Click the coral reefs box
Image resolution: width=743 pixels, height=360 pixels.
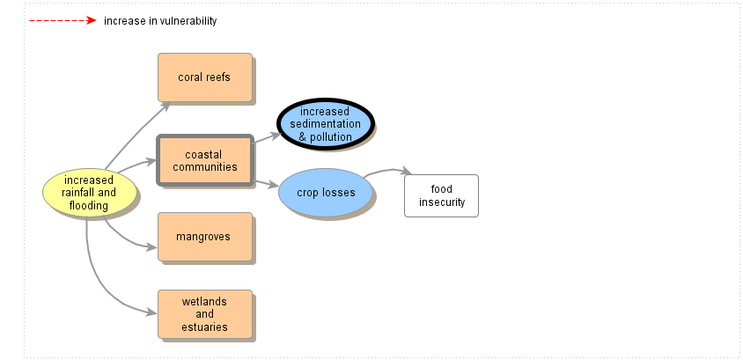(204, 77)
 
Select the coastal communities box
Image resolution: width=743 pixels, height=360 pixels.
(204, 161)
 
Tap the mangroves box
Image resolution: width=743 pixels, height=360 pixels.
(204, 237)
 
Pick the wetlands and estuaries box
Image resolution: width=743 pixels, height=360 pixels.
(204, 314)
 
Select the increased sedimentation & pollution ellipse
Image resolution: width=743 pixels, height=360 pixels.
(326, 124)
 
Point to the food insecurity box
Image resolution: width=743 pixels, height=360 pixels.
(441, 195)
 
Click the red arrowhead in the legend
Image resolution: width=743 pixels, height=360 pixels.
(91, 20)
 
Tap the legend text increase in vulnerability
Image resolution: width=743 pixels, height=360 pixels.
(159, 21)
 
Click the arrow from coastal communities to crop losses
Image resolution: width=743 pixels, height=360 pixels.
(266, 183)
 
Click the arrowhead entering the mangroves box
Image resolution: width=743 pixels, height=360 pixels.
(152, 247)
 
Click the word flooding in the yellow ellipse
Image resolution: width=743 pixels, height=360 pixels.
(89, 206)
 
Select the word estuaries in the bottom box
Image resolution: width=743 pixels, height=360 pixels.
(205, 327)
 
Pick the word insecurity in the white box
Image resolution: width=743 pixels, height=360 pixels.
(442, 202)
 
